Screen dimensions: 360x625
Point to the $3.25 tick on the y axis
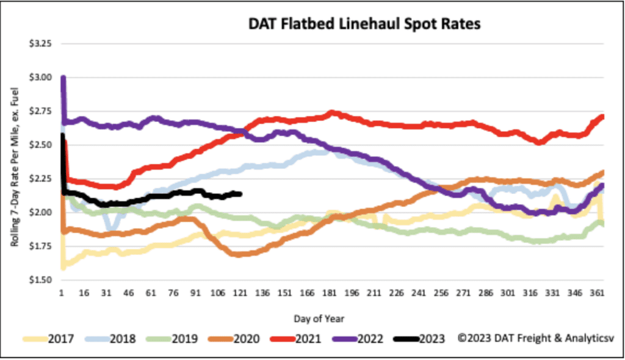(42, 44)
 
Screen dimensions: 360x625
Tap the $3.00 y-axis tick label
(42, 77)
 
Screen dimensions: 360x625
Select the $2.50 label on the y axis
(42, 145)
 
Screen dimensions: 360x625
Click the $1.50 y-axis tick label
(42, 280)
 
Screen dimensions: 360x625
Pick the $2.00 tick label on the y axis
(42, 212)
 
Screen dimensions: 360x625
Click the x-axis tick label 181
(330, 293)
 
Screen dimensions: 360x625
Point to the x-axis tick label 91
(196, 293)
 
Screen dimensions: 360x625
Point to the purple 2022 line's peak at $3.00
(63, 78)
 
